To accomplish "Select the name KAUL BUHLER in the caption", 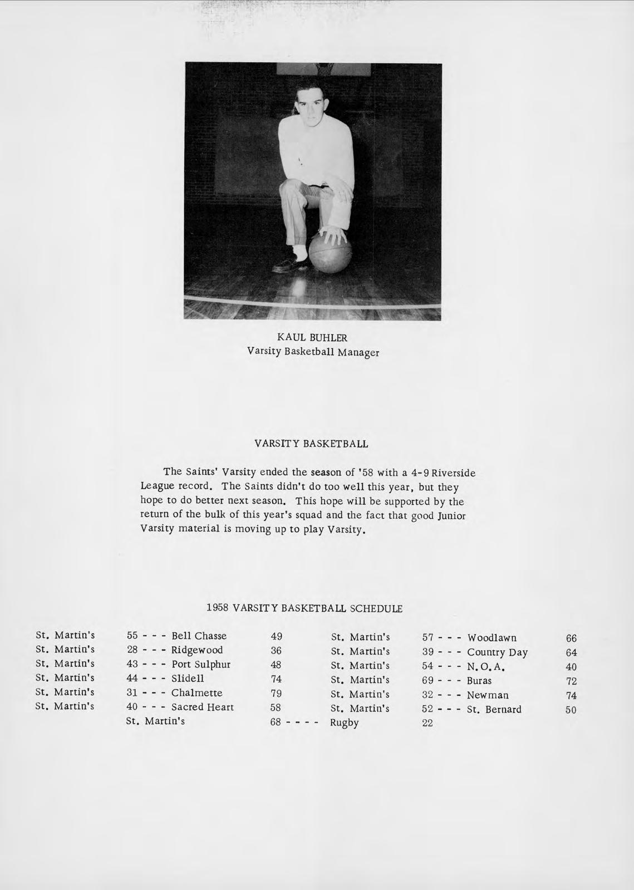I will tap(312, 337).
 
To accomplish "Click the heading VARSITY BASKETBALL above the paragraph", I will tap(311, 444).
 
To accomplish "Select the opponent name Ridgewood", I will tap(197, 650).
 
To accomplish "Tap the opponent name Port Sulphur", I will tap(201, 664).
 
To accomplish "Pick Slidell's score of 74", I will tap(276, 678).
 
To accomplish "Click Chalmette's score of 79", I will tap(276, 693).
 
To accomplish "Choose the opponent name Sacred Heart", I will tap(203, 707).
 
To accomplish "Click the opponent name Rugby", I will tap(345, 723).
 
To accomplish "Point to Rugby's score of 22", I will tap(427, 723).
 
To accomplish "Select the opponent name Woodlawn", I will tap(492, 638).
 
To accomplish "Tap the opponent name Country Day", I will tap(497, 652).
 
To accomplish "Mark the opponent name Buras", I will tap(479, 681).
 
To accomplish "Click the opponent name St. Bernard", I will tap(494, 710).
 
